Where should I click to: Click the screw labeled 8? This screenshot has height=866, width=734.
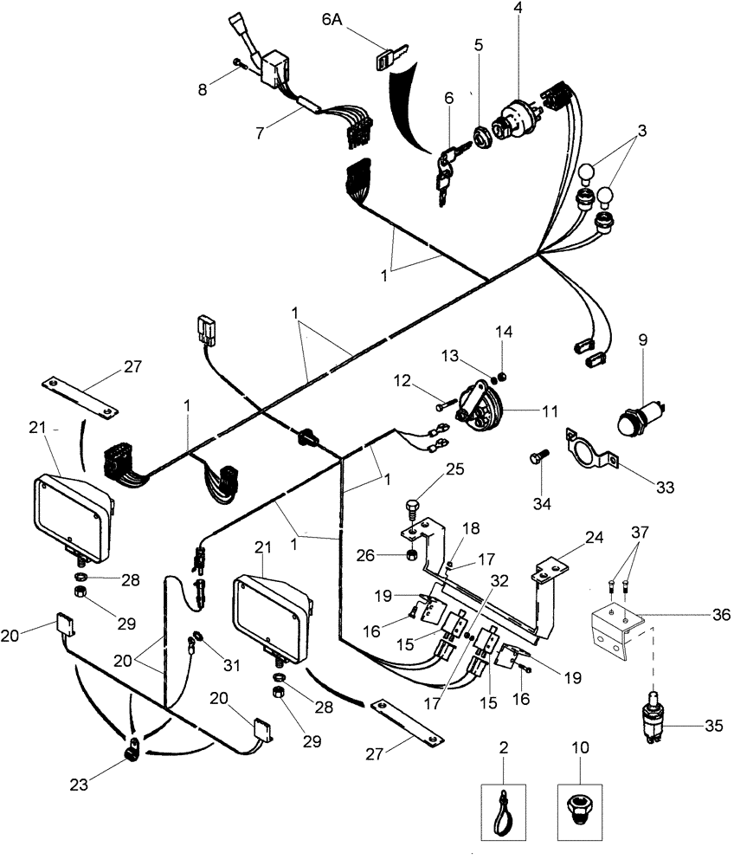pyautogui.click(x=239, y=63)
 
